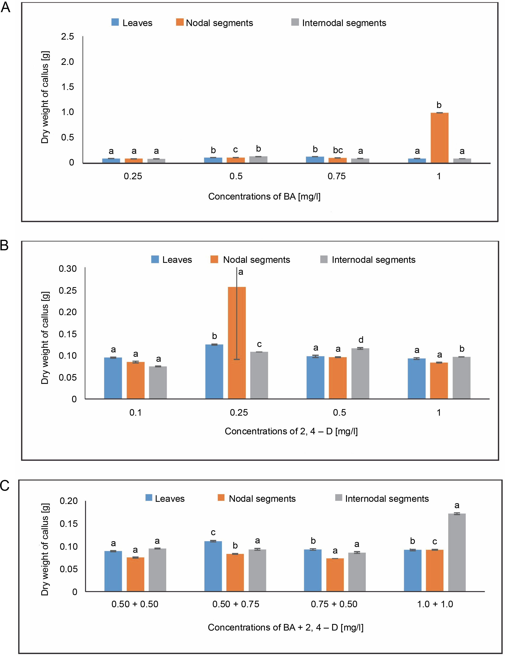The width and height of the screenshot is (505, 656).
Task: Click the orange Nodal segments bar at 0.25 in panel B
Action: click(x=237, y=343)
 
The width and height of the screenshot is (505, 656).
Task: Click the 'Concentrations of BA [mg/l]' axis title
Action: click(x=264, y=196)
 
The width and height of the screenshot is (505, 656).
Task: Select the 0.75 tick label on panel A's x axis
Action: click(x=336, y=176)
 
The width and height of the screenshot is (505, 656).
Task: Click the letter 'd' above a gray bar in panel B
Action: click(x=361, y=340)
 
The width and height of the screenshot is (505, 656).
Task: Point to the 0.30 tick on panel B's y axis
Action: click(x=68, y=269)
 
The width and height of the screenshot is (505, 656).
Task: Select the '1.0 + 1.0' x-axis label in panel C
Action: click(x=435, y=604)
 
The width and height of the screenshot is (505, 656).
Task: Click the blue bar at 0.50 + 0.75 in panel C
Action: click(x=213, y=566)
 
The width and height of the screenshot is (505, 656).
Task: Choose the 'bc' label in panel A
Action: click(x=338, y=150)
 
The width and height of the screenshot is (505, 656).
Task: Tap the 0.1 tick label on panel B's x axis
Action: click(x=136, y=412)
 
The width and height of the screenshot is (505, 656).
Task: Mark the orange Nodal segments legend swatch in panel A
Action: click(x=180, y=22)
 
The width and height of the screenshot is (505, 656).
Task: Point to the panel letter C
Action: click(x=5, y=486)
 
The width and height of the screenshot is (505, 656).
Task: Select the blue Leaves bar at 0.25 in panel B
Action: click(x=214, y=371)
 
